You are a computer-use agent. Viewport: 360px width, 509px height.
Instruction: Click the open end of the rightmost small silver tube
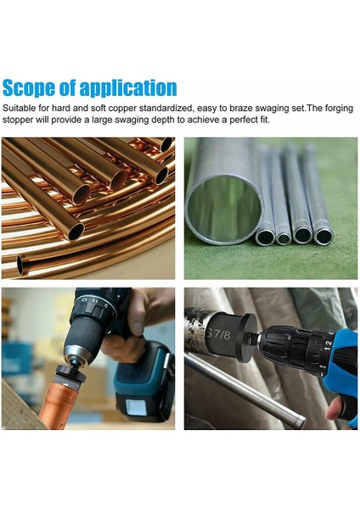[x=323, y=237]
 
